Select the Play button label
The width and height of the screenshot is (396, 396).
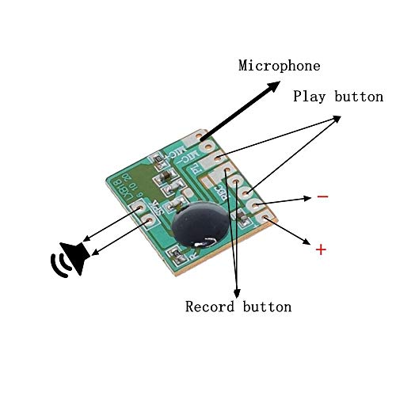tap(338, 97)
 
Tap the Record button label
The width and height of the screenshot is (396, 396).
tap(238, 307)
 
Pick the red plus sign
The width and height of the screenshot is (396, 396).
tap(320, 249)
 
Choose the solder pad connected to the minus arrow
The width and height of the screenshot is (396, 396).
tap(257, 203)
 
